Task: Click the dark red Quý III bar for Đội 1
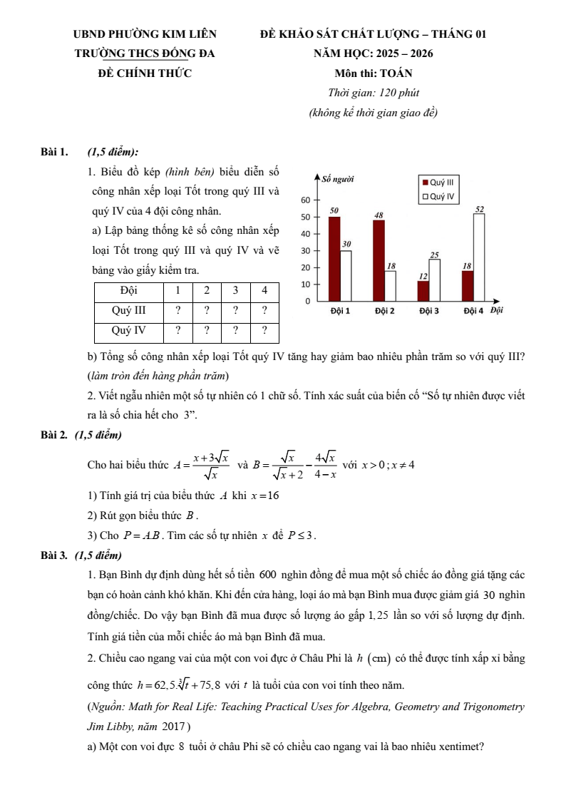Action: click(334, 259)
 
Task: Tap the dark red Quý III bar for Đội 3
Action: click(423, 291)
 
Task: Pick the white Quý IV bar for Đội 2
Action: click(390, 286)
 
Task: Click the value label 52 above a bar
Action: click(479, 208)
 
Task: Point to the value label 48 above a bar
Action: click(379, 215)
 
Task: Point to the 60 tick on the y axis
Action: click(306, 200)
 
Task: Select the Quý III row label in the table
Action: click(129, 310)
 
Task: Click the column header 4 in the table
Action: click(264, 290)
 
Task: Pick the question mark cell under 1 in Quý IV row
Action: click(177, 330)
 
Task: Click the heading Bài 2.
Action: click(54, 434)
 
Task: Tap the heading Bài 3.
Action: click(54, 555)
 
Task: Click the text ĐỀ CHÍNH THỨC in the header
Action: click(145, 73)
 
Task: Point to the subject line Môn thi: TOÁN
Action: click(373, 73)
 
